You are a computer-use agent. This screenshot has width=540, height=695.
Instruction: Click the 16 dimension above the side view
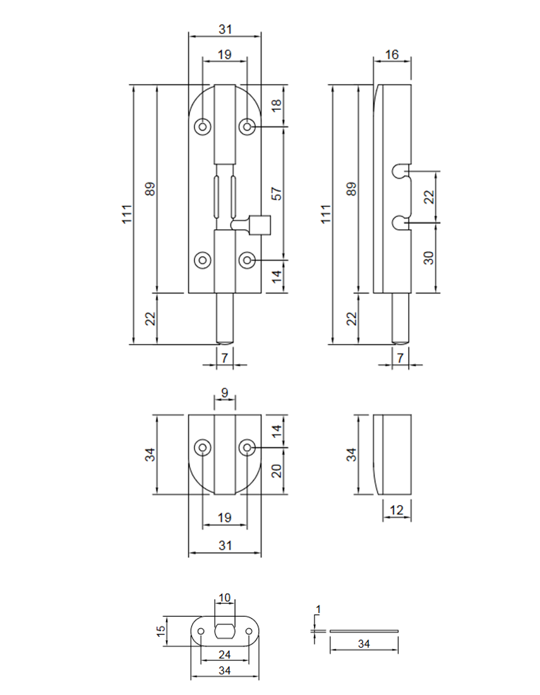[x=392, y=54]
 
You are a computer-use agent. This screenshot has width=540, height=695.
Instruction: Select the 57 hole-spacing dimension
[x=276, y=193]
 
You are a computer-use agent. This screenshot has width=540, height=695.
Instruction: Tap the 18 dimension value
[x=276, y=105]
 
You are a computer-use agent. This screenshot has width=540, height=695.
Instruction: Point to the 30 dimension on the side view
[x=429, y=258]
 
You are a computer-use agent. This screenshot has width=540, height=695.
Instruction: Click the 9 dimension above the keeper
[x=225, y=392]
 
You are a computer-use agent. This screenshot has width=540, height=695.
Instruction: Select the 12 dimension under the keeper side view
[x=397, y=510]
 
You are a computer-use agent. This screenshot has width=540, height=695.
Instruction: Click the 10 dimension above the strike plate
[x=225, y=597]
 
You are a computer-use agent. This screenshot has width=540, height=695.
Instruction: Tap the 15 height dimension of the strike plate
[x=161, y=630]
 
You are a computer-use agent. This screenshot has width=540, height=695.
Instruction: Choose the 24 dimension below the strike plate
[x=224, y=655]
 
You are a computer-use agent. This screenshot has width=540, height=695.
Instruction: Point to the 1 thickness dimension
[x=318, y=609]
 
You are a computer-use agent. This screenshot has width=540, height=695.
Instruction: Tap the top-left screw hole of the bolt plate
[x=203, y=127]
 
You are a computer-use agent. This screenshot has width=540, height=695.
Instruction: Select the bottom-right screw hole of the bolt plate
[x=247, y=259]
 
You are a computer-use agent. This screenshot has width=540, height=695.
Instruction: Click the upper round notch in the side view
[x=399, y=170]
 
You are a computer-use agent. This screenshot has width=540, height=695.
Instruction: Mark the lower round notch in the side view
[x=399, y=222]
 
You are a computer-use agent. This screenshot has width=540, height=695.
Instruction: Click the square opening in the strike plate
[x=225, y=630]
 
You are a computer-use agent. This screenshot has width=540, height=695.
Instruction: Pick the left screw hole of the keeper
[x=203, y=448]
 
